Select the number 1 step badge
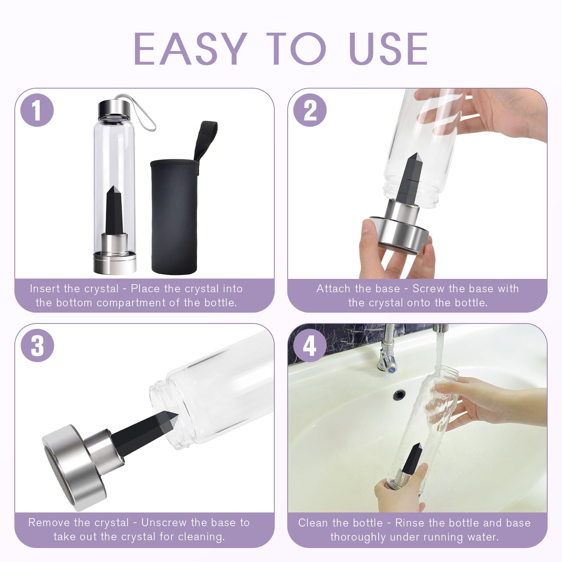click(37, 111)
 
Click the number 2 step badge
click(310, 111)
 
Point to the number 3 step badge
click(37, 345)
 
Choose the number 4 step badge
click(310, 345)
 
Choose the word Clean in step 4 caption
click(313, 523)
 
